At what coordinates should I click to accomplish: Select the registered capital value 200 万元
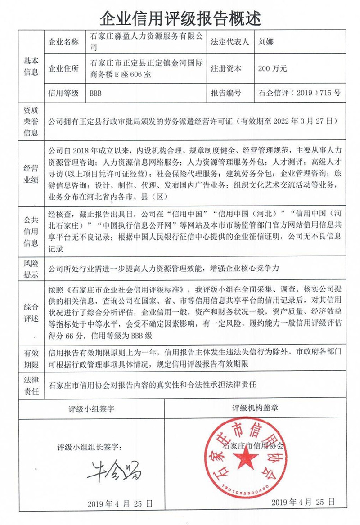point(273,69)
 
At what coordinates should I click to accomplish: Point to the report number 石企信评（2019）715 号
point(300,94)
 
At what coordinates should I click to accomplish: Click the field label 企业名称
point(63,42)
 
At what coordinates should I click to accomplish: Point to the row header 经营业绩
point(31,174)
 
